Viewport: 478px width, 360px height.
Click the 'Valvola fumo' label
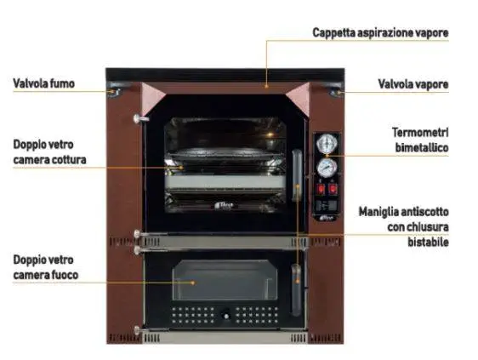[x=43, y=83]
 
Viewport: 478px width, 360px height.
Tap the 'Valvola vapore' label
[x=413, y=84]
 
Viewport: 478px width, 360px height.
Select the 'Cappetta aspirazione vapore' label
[x=380, y=32]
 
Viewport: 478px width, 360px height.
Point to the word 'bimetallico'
[x=422, y=148]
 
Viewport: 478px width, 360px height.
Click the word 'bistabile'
[x=428, y=243]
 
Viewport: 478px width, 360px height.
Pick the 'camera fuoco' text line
[x=46, y=275]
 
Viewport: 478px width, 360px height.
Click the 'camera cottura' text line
[x=49, y=160]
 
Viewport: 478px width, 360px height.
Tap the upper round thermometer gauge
[x=327, y=144]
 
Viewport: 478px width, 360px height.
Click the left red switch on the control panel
[x=321, y=189]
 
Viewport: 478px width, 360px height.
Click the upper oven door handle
[x=297, y=175]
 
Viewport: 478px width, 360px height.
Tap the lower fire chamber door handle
[x=296, y=290]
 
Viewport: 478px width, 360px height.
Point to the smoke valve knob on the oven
[x=114, y=92]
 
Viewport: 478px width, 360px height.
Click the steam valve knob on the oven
[x=336, y=92]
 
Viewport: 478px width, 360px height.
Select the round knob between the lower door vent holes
[x=226, y=315]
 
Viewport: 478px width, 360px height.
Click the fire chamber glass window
[x=225, y=280]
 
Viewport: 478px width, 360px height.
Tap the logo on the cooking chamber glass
[x=224, y=205]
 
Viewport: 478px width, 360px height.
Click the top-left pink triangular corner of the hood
[x=152, y=97]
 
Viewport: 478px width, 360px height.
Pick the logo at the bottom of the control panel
[x=327, y=218]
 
